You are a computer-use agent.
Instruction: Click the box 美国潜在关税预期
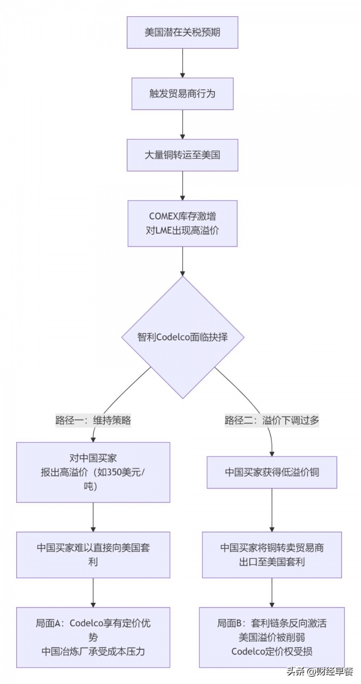pos(182,32)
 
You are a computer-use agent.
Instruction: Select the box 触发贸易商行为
pos(182,93)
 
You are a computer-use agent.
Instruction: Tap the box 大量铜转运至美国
pos(182,155)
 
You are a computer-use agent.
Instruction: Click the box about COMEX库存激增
pos(182,223)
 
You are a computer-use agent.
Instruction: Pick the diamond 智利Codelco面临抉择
pos(182,337)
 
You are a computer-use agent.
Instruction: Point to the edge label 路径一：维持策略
pos(93,421)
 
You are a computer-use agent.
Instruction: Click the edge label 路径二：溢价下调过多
pos(272,421)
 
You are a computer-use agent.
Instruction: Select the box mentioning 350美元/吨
pos(93,472)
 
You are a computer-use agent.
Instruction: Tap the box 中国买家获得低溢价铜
pos(272,472)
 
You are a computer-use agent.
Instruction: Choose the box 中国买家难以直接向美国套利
pos(93,555)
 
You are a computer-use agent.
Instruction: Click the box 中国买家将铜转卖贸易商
pos(272,555)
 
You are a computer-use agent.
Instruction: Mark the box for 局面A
pos(93,637)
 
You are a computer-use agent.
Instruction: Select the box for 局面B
pos(272,637)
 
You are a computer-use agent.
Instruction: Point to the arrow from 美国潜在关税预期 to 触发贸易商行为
pos(182,63)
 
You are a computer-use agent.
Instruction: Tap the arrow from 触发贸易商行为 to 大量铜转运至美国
pos(182,125)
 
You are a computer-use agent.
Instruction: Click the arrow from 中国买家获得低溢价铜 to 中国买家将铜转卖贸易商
pos(272,510)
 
